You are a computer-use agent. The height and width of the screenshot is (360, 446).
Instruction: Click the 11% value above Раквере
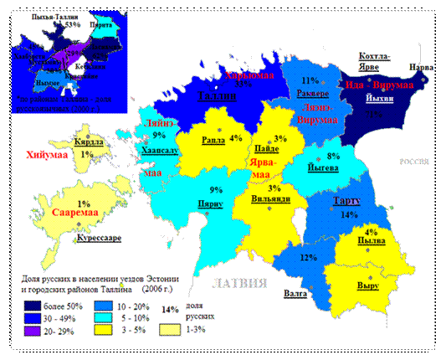click(x=310, y=81)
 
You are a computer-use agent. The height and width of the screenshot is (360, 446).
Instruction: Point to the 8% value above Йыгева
click(x=333, y=156)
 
